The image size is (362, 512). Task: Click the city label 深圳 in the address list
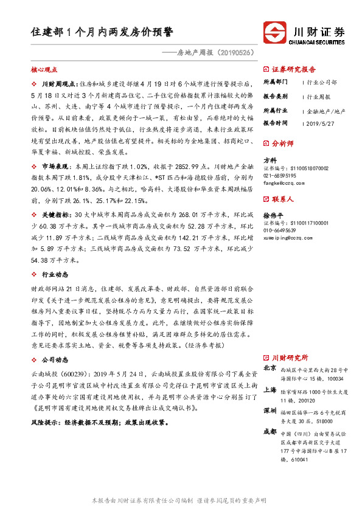pos(270,410)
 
